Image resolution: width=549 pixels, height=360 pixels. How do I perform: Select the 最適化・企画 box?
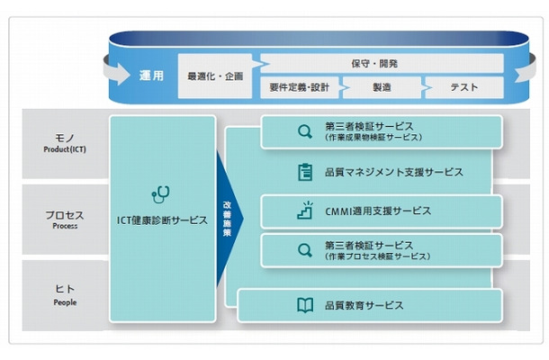(x=214, y=76)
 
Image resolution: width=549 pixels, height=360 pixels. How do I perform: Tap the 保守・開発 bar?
(x=373, y=63)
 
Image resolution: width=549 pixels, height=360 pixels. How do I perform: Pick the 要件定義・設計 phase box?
(x=301, y=87)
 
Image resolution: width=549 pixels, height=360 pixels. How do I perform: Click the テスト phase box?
(x=463, y=87)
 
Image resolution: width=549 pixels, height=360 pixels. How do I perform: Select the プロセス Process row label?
(x=65, y=220)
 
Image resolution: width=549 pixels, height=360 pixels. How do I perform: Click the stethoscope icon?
(x=162, y=194)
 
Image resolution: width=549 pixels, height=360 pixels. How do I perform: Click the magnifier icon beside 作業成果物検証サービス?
(x=303, y=132)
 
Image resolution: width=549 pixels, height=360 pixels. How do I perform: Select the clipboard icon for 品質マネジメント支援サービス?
(x=304, y=171)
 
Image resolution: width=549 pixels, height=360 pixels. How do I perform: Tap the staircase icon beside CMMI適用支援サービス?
(x=303, y=211)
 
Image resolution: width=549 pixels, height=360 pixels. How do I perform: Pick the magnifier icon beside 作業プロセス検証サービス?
(x=303, y=250)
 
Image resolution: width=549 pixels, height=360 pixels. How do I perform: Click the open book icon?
(x=304, y=305)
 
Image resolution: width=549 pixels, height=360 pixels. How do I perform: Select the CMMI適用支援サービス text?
(x=378, y=211)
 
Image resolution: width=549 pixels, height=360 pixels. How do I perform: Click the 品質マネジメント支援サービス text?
(x=393, y=171)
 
